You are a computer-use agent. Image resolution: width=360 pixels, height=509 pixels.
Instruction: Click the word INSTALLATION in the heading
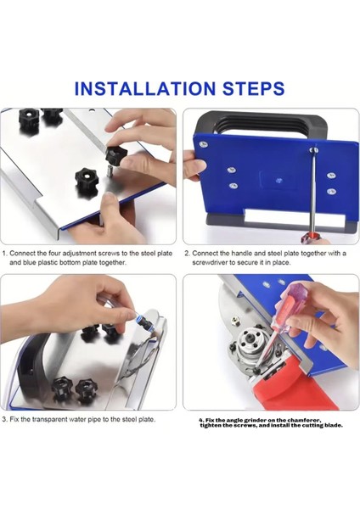[145, 88]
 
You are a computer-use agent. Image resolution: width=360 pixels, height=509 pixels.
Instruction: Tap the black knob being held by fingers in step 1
[115, 155]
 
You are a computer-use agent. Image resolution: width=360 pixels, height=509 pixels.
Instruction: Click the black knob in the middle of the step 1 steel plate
[87, 180]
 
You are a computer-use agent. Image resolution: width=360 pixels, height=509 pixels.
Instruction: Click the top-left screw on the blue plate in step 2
[204, 145]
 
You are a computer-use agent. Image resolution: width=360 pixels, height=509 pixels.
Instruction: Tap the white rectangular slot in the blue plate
[295, 217]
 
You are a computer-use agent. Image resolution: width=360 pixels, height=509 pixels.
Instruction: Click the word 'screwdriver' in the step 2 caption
[209, 263]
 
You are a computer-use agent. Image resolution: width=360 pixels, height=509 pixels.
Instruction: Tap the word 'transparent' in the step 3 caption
[50, 419]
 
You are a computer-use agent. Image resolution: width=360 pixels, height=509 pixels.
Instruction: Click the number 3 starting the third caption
[4, 419]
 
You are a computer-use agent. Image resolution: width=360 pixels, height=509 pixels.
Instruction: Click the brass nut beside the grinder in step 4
[233, 321]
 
